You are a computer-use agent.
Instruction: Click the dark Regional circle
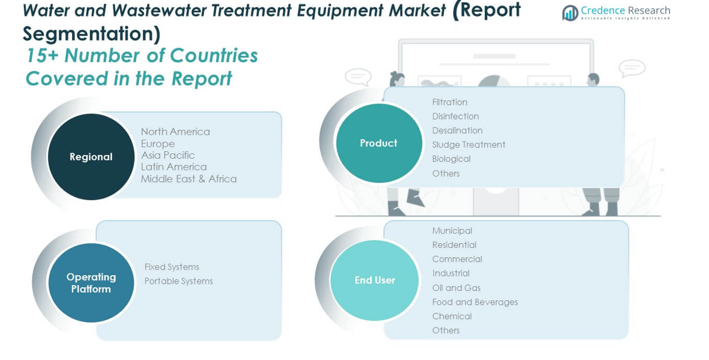[91, 156]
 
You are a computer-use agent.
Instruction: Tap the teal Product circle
[379, 143]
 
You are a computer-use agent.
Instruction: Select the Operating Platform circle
[91, 282]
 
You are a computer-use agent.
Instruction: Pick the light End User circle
[374, 281]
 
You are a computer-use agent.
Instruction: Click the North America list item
[175, 132]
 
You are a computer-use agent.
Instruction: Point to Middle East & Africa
[188, 178]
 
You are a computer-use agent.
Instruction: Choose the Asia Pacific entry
[168, 155]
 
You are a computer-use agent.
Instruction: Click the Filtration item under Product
[450, 102]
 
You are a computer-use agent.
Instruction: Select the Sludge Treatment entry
[469, 145]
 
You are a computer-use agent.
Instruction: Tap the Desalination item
[458, 130]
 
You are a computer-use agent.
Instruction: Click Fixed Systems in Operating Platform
[172, 267]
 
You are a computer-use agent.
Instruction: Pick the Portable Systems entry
[178, 281]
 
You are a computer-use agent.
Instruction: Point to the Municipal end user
[452, 231]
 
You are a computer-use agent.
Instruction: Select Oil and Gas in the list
[457, 287]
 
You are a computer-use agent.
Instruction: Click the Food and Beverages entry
[475, 302]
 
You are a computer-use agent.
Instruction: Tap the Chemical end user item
[452, 316]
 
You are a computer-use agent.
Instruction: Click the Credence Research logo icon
[570, 13]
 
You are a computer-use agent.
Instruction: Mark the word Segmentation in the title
[88, 33]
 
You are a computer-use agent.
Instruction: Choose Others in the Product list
[446, 173]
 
